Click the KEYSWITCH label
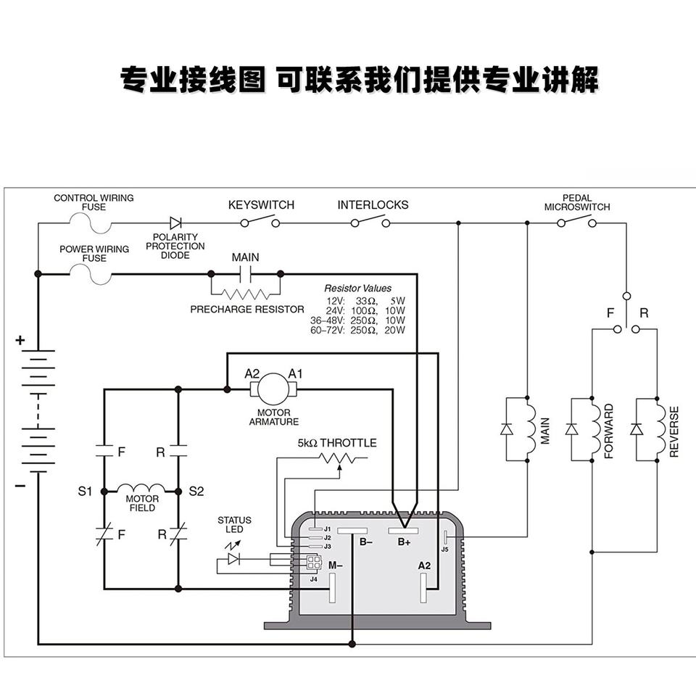click(x=261, y=205)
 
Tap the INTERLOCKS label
click(x=373, y=205)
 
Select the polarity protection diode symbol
click(x=175, y=223)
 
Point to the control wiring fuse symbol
click(x=91, y=223)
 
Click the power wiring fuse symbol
click(x=91, y=274)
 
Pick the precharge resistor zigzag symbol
click(x=245, y=294)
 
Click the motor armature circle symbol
click(x=273, y=389)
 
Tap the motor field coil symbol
click(x=141, y=489)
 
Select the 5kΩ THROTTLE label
click(x=337, y=443)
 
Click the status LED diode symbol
click(x=233, y=559)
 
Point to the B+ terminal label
click(x=404, y=542)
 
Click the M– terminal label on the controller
click(x=335, y=565)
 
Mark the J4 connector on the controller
click(x=314, y=564)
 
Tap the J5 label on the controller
click(x=444, y=550)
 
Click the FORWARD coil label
click(x=608, y=431)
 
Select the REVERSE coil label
click(x=674, y=431)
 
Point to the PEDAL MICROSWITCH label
click(x=577, y=202)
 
